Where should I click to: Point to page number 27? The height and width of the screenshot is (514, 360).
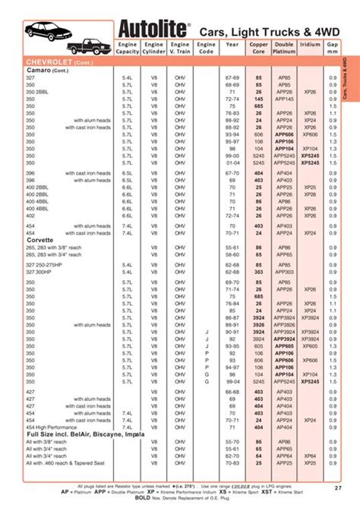coord(337,487)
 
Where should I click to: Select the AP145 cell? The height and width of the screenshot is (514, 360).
coord(284,98)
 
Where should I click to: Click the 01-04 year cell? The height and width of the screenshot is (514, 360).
coord(232,162)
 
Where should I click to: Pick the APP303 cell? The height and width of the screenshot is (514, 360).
coord(284,271)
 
